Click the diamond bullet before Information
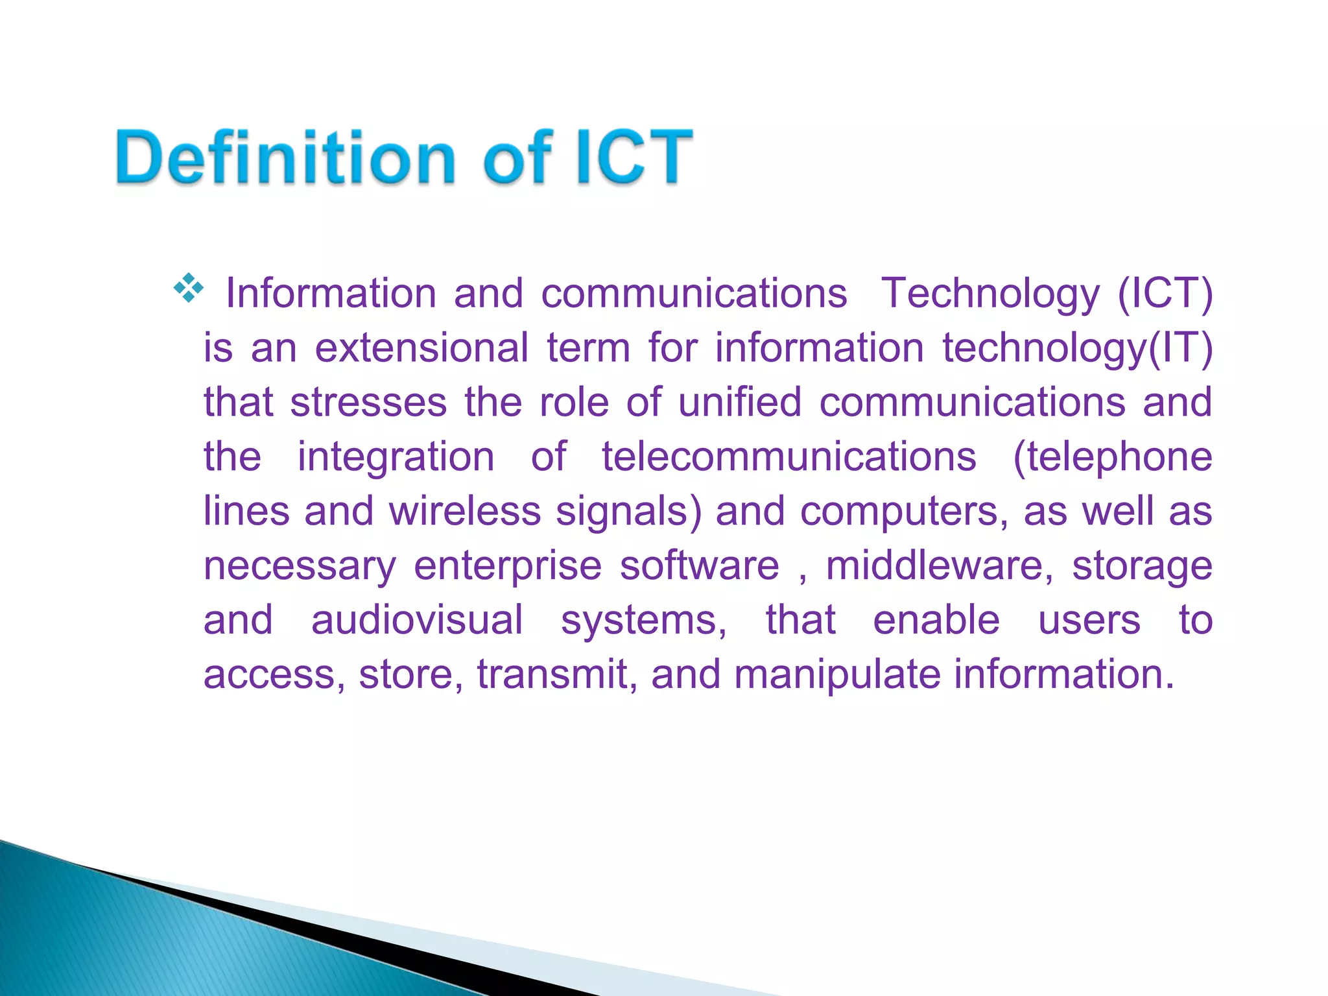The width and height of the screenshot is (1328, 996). coord(188,289)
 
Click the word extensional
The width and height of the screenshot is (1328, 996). coord(421,348)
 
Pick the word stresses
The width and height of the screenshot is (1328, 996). coord(368,403)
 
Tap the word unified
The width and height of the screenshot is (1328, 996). coord(740,403)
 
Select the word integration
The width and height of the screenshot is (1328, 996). coord(396,457)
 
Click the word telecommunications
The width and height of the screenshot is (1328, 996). coord(788,457)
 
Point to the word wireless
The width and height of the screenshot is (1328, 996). coord(465,512)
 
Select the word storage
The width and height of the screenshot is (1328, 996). coord(1142,566)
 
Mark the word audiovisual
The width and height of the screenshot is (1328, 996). coord(417,621)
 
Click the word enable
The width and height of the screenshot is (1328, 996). coord(936,621)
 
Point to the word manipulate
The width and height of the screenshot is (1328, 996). coord(837,675)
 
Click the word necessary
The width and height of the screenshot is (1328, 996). coord(300,566)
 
